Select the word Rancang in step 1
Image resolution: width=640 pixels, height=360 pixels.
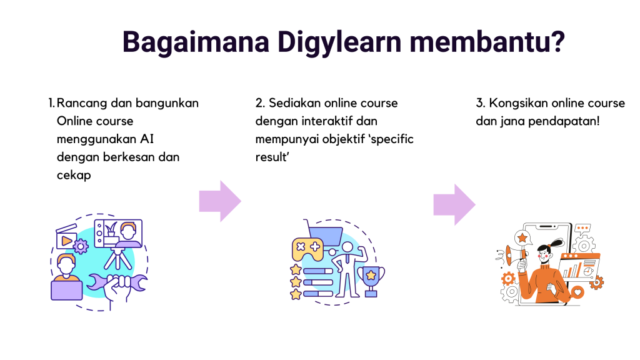pos(81,102)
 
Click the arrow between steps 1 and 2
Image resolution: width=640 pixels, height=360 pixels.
pos(219,201)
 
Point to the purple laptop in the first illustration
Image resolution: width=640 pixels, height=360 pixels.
pos(66,288)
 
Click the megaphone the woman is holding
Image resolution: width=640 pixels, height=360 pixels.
pos(513,254)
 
